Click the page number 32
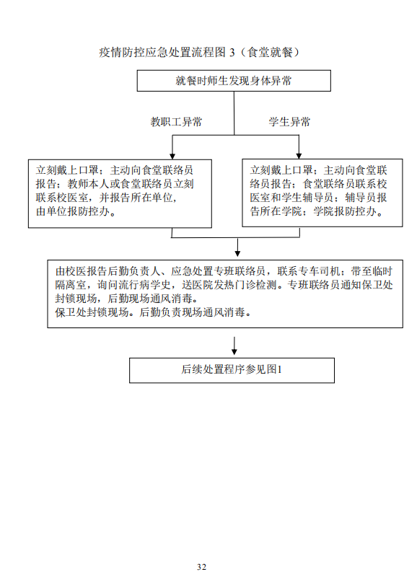pos(201,567)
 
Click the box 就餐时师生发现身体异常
pos(234,81)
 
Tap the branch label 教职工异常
pos(176,122)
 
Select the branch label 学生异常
pos(289,122)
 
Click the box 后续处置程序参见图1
pos(232,370)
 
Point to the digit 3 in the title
pos(232,53)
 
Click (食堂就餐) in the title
pos(270,53)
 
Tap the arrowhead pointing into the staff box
pos(172,156)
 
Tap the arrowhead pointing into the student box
pos(299,156)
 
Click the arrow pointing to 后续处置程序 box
pos(234,346)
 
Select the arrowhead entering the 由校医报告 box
pos(237,253)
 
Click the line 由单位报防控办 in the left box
pos(76,211)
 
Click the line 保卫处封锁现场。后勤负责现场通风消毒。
pos(153,312)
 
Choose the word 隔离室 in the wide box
pos(71,284)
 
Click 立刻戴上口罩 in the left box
pos(67,170)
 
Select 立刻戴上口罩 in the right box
pos(281,170)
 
